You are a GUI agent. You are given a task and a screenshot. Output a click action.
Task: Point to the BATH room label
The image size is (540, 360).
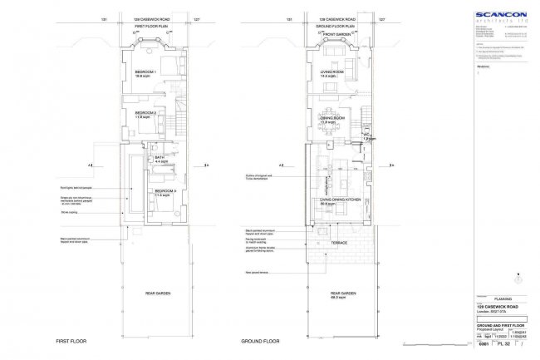pyautogui.click(x=161, y=158)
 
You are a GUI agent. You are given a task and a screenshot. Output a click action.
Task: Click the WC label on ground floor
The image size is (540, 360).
pyautogui.click(x=366, y=135)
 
